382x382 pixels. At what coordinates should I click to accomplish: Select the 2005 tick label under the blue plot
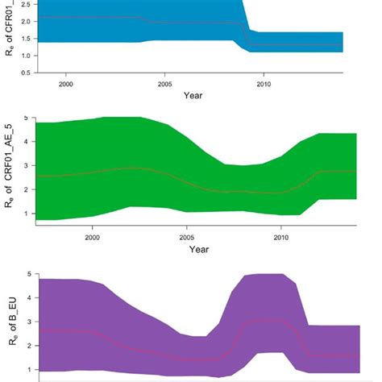[165, 83]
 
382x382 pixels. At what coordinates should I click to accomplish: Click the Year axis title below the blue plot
[192, 95]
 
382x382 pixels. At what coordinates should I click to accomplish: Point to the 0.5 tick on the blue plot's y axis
[26, 72]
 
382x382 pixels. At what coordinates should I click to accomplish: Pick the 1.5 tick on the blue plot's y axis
[26, 37]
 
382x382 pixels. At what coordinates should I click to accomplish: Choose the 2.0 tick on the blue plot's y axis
[26, 20]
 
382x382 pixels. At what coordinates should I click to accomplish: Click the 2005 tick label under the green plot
[187, 238]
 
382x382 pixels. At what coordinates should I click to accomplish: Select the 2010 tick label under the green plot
[281, 238]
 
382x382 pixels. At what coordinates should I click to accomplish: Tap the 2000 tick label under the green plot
[93, 238]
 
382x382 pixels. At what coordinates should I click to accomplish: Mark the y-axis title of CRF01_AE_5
[10, 171]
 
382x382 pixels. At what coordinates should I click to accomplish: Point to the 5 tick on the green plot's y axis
[26, 118]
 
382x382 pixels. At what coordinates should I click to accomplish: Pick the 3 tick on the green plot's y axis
[26, 166]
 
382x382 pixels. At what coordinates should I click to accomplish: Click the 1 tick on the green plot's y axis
[26, 214]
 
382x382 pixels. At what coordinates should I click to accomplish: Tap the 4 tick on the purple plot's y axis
[26, 298]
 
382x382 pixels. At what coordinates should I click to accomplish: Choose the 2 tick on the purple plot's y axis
[26, 346]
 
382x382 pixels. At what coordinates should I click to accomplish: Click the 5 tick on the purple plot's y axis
[26, 274]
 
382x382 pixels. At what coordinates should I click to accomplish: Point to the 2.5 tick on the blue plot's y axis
[26, 4]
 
